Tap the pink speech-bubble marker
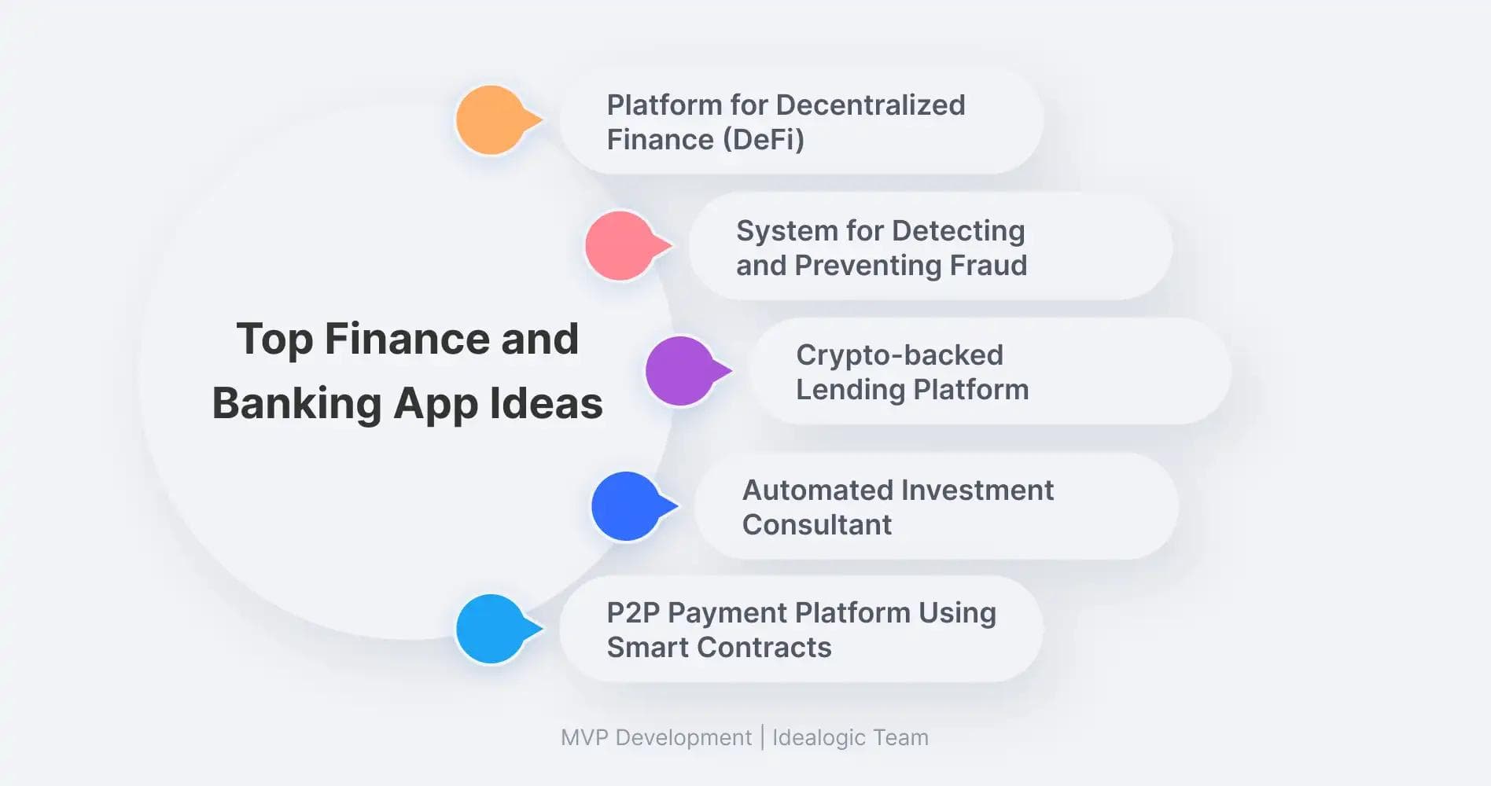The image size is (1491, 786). click(x=626, y=246)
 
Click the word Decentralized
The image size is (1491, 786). click(x=871, y=105)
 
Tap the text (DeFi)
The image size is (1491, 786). click(x=763, y=140)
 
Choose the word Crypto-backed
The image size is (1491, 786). click(x=900, y=355)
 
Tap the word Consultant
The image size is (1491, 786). click(x=817, y=524)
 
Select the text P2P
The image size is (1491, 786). click(x=633, y=612)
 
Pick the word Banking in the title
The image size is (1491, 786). click(x=296, y=404)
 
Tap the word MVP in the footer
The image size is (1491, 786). click(x=584, y=737)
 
